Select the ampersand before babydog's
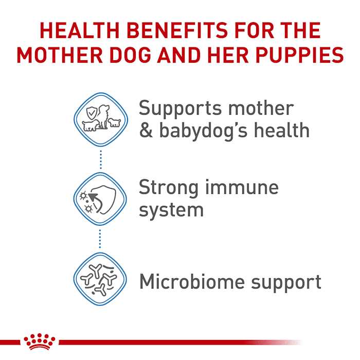pyautogui.click(x=146, y=130)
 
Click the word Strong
pyautogui.click(x=168, y=187)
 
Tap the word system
pyautogui.click(x=171, y=209)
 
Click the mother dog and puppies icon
pyautogui.click(x=100, y=120)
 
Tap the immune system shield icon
pyautogui.click(x=100, y=197)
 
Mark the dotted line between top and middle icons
pyautogui.click(x=101, y=159)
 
